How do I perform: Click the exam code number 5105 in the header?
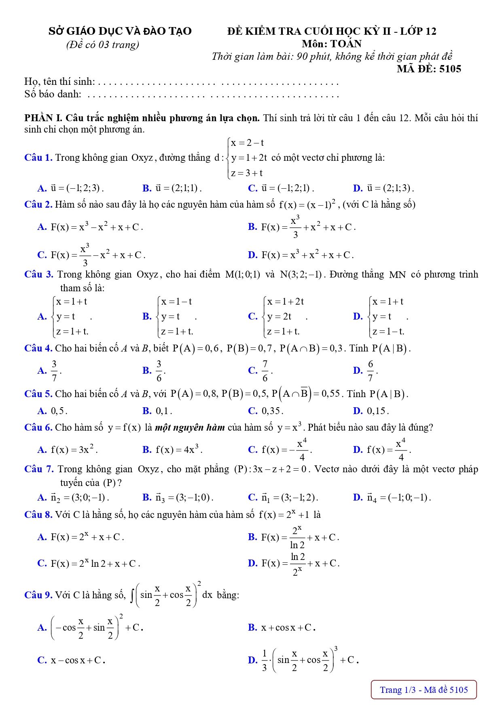[x=450, y=69]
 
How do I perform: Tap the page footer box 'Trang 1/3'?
[x=424, y=690]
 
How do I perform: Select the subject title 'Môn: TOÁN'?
[x=331, y=44]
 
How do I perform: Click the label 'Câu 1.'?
[x=38, y=158]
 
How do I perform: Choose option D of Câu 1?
[x=383, y=188]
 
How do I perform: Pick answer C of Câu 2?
[x=91, y=255]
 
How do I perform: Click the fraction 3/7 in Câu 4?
[x=54, y=371]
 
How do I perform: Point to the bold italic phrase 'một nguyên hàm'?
[x=190, y=427]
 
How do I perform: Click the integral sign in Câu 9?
[x=132, y=595]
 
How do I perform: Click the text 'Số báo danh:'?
[x=53, y=95]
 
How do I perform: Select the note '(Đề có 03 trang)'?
[x=103, y=44]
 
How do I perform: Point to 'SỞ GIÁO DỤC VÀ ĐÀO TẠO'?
[x=120, y=31]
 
